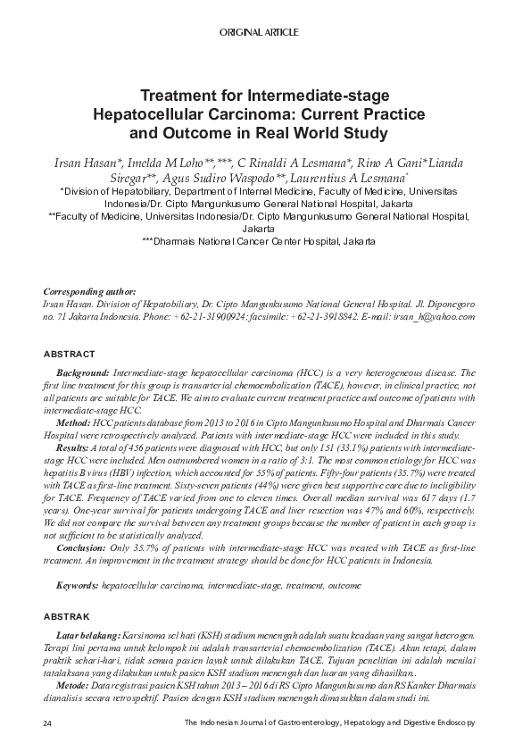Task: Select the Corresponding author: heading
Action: (89, 292)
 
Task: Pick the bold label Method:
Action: (73, 420)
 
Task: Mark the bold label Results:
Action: (74, 444)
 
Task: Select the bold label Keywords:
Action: (78, 585)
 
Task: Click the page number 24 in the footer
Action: (47, 722)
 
